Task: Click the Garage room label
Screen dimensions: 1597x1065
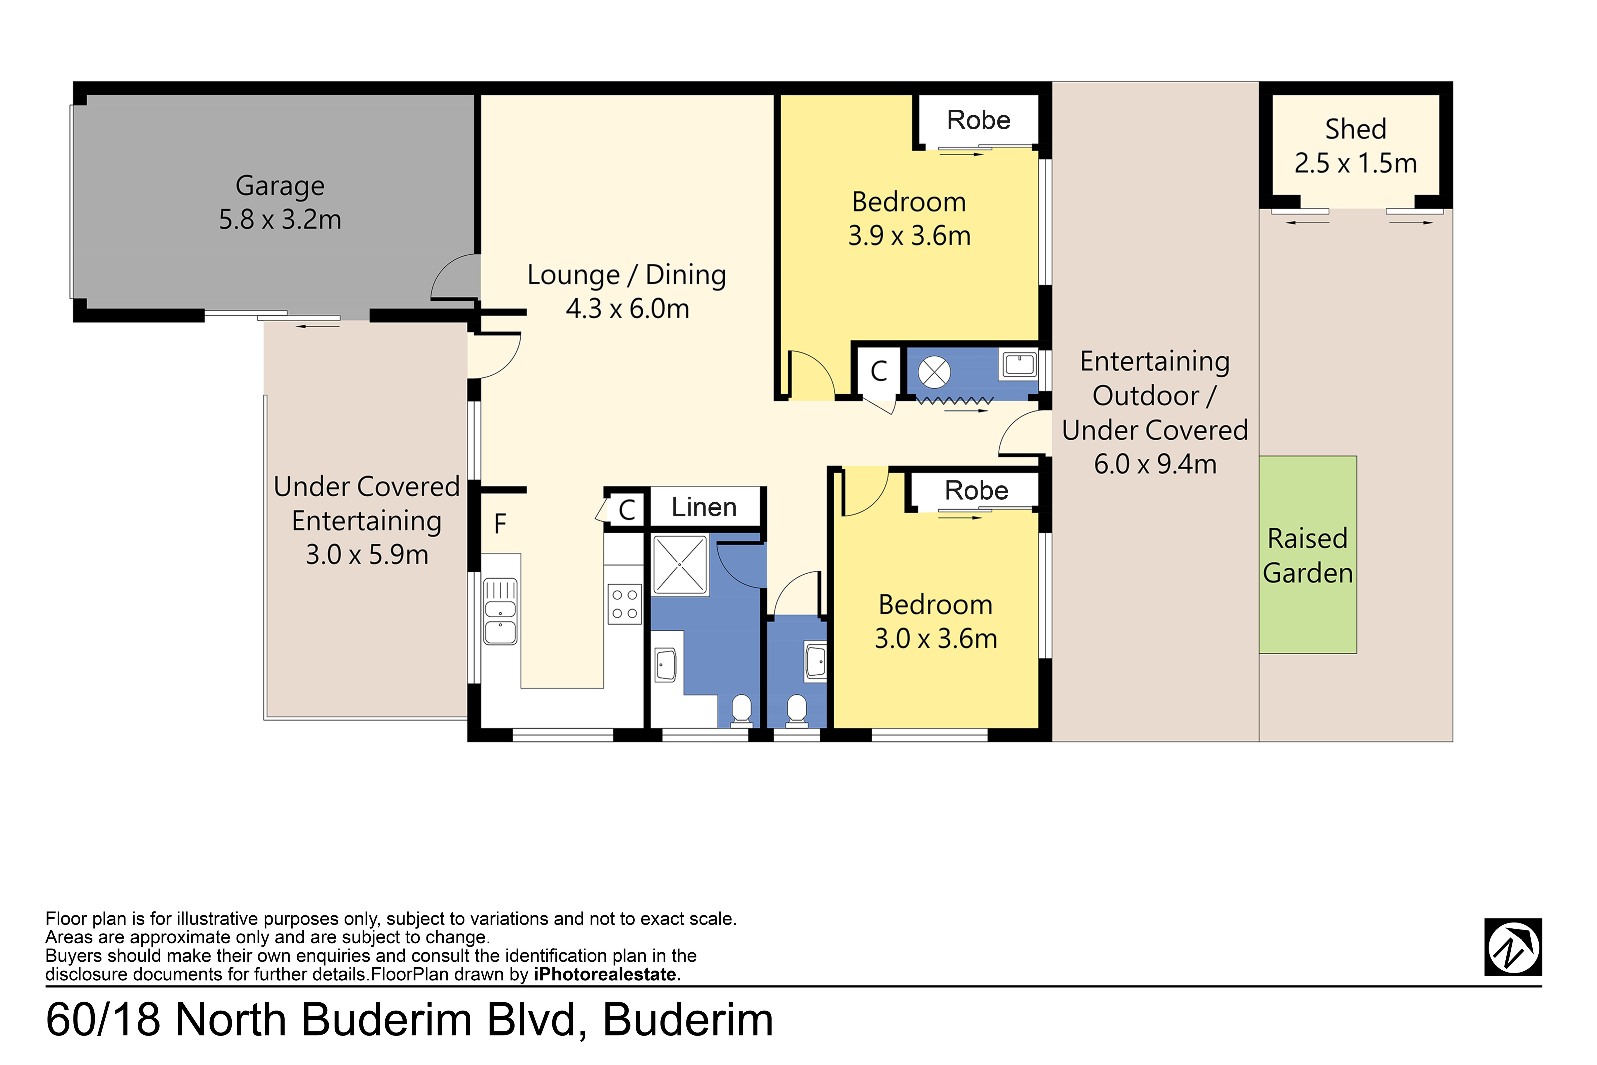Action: (280, 185)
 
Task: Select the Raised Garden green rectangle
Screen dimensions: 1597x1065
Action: (1308, 555)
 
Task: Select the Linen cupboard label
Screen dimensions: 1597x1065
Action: (704, 507)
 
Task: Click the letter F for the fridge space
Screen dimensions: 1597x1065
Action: (500, 524)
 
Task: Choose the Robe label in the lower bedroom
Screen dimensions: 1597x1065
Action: (976, 490)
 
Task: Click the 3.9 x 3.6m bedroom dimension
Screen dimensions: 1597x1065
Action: (909, 236)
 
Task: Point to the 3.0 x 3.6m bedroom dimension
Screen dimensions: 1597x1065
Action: (936, 638)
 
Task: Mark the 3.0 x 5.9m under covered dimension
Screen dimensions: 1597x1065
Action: (367, 555)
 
